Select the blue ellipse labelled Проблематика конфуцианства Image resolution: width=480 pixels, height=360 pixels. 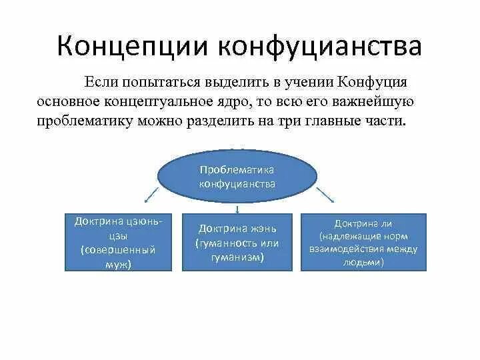click(237, 177)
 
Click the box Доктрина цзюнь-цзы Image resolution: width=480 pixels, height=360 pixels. click(117, 242)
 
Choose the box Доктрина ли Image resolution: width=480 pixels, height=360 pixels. click(363, 242)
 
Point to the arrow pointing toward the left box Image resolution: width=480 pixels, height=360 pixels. click(151, 195)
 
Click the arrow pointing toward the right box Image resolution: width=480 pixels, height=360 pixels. click(325, 194)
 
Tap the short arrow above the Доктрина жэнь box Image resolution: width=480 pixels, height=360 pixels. click(237, 209)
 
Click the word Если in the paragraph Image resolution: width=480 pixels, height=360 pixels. click(99, 83)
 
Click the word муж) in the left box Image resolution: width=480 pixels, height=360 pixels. click(117, 264)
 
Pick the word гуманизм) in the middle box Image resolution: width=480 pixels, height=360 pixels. click(237, 257)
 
